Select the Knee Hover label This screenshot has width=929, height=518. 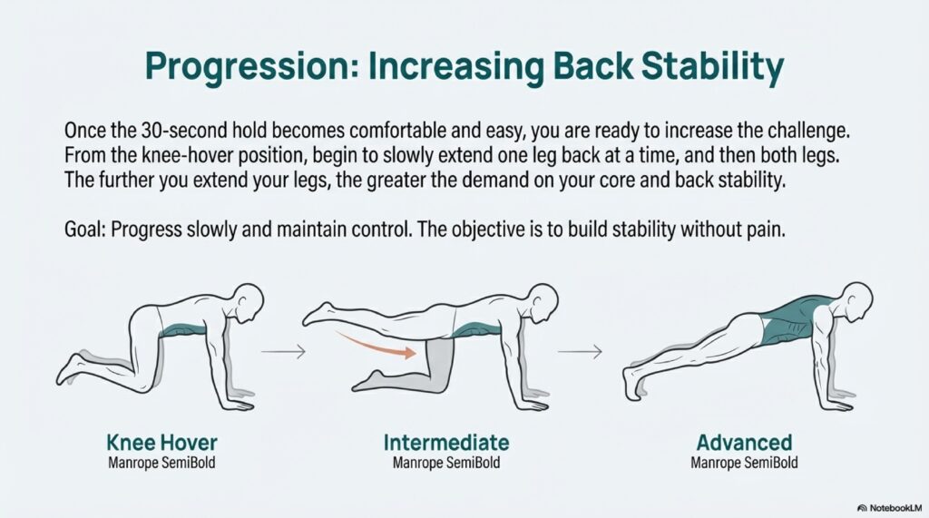coord(161,443)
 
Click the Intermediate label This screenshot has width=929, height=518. coord(446,443)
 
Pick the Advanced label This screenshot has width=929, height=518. coord(744,443)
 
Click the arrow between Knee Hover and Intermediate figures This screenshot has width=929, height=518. coord(283,351)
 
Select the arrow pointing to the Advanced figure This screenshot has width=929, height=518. coord(580,351)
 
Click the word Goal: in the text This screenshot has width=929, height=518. coord(84,230)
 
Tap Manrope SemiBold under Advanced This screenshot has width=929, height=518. coord(744,463)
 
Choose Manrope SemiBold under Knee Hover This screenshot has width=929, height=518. coord(161,463)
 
